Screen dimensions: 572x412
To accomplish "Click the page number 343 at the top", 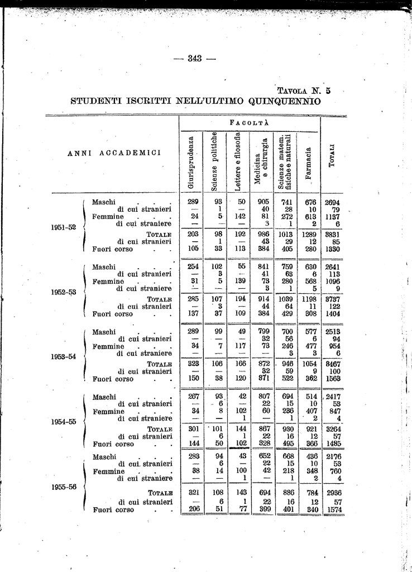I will [194, 59].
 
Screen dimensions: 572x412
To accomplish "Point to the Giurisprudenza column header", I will [191, 160].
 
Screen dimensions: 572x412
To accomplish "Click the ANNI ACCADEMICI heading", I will [114, 153].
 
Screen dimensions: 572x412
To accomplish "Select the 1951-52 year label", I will [64, 227].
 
